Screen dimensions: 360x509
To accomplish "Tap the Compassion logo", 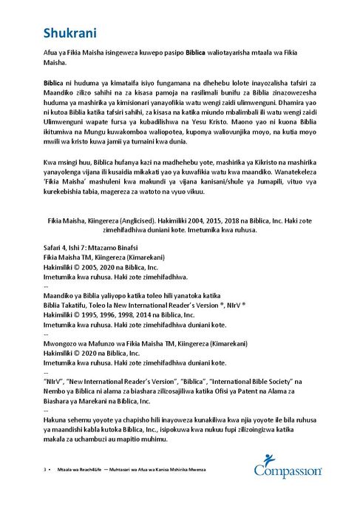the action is (x=288, y=468).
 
